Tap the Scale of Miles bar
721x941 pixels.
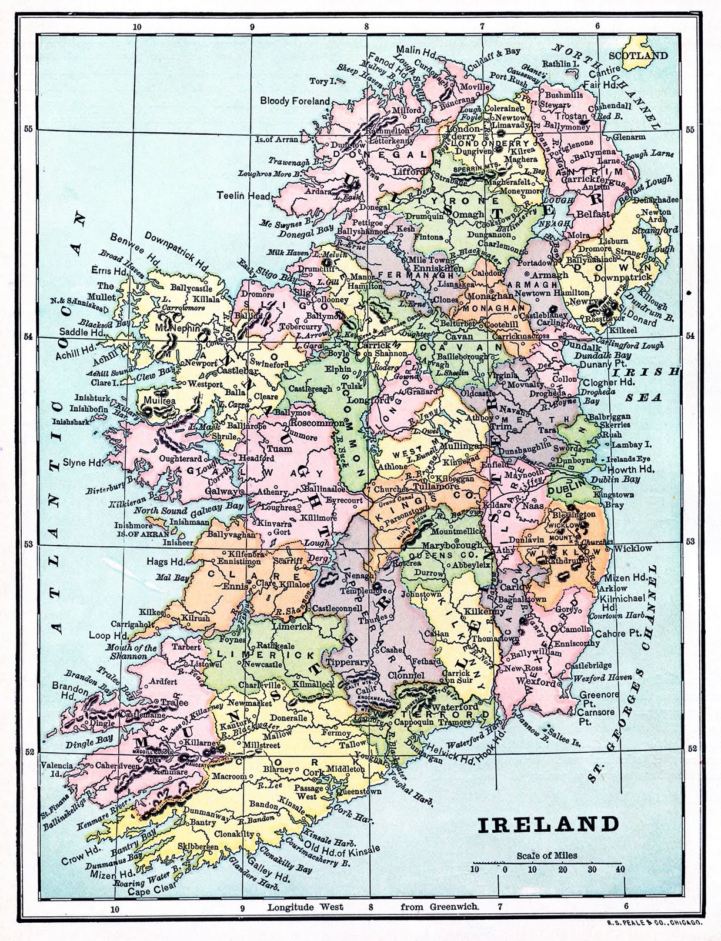point(547,866)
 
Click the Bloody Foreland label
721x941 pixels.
point(295,101)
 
